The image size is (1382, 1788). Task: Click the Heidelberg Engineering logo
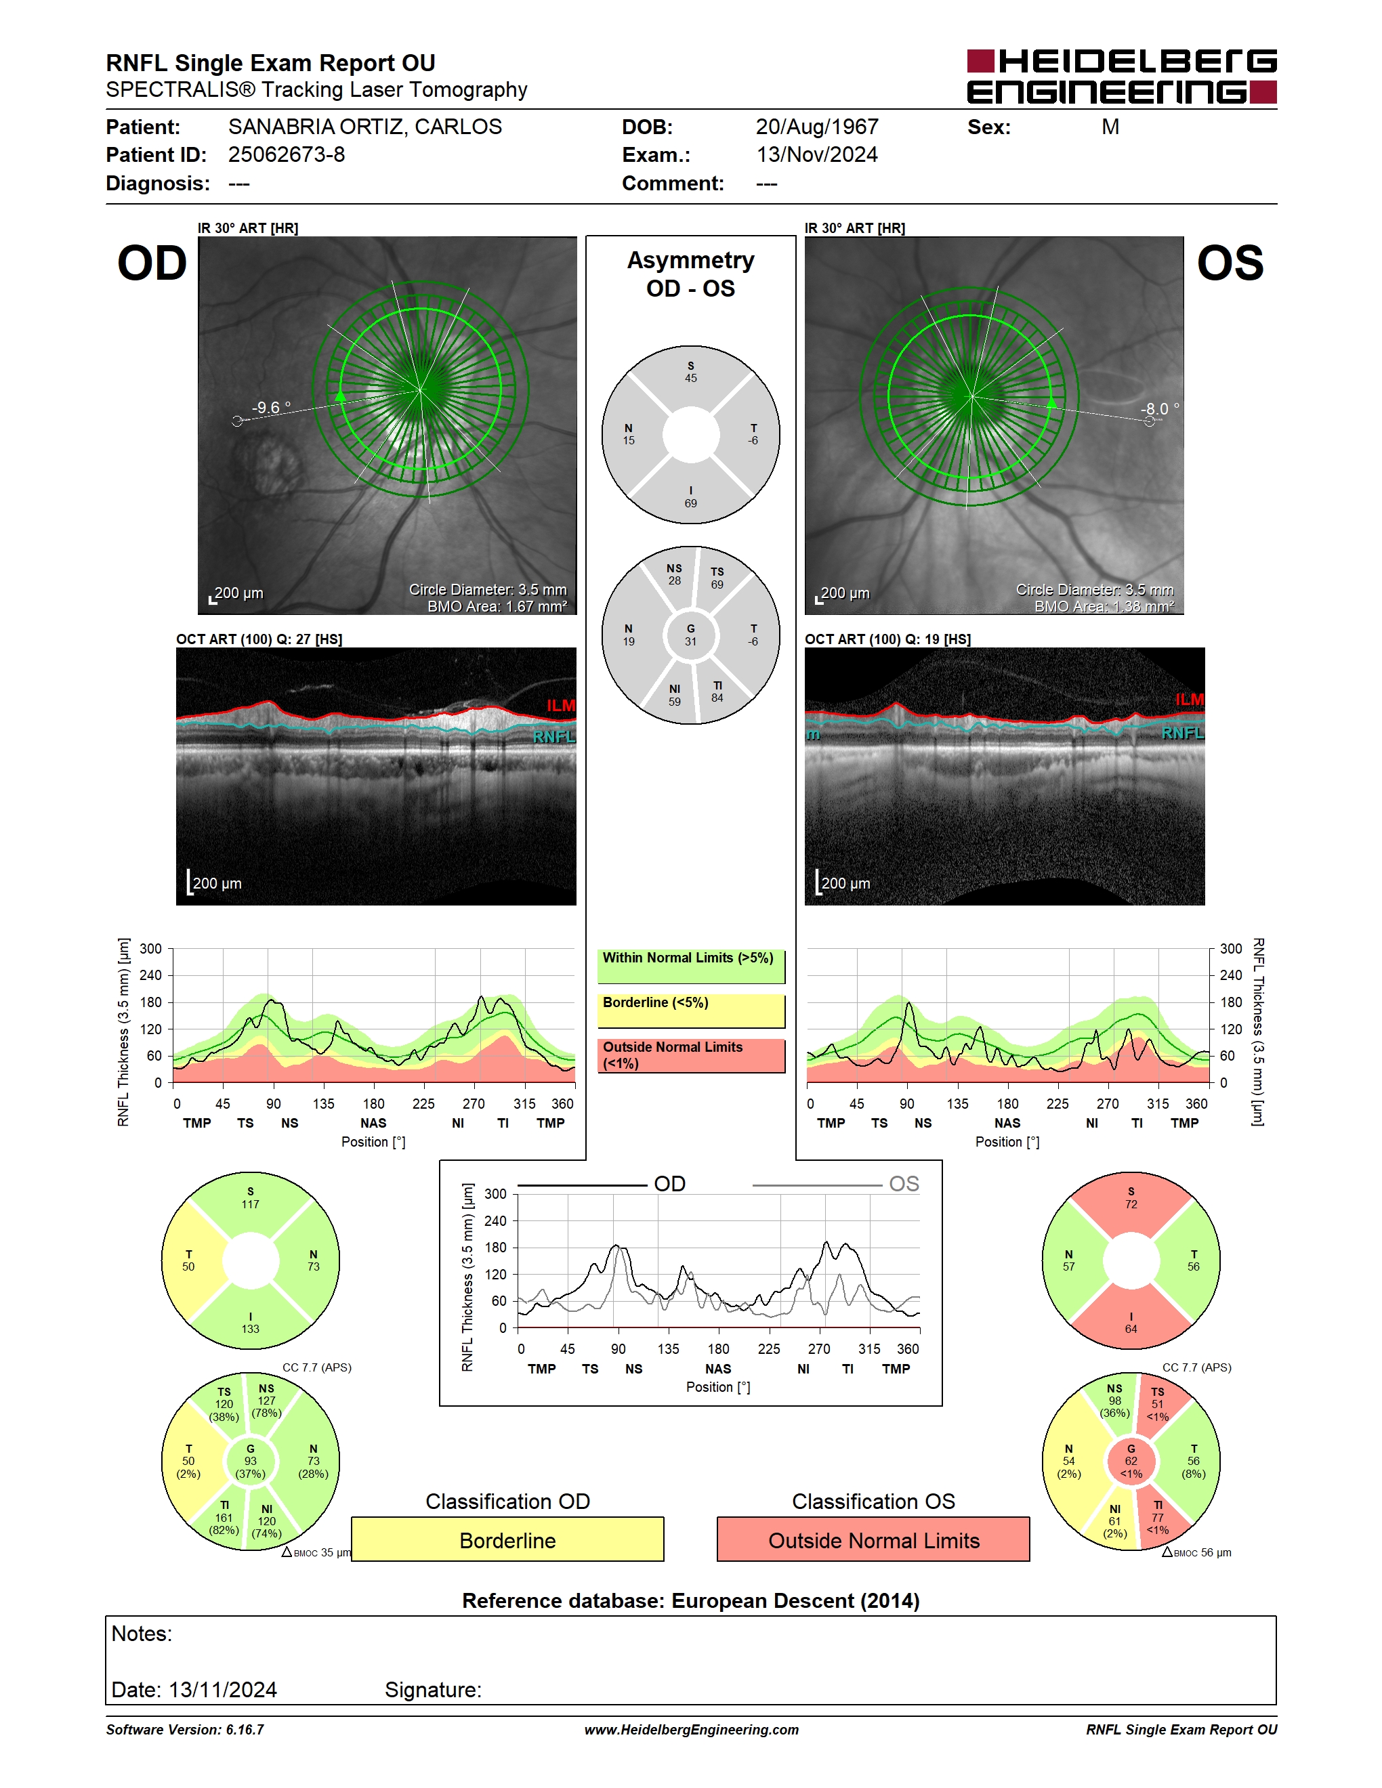(x=1122, y=77)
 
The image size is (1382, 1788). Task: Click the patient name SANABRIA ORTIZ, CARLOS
(x=365, y=127)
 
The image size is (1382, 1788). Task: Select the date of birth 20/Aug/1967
(x=817, y=127)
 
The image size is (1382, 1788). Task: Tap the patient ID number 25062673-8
(x=287, y=154)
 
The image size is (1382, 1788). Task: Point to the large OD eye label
(x=152, y=263)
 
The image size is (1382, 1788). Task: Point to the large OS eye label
(x=1230, y=263)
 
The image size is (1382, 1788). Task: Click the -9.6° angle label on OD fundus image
(x=271, y=407)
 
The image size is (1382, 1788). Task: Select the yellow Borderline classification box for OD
(x=507, y=1540)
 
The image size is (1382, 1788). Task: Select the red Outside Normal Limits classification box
(x=874, y=1540)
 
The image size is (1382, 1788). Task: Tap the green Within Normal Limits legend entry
(x=691, y=966)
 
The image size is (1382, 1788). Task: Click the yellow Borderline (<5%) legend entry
(x=691, y=1011)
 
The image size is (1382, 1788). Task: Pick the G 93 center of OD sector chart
(x=251, y=1462)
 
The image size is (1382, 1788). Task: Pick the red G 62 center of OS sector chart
(x=1131, y=1462)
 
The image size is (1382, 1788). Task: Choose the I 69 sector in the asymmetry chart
(x=691, y=494)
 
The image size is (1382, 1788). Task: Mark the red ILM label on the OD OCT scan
(x=561, y=706)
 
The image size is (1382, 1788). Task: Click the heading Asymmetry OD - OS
(x=691, y=274)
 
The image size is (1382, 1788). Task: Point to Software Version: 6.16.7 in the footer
(x=185, y=1730)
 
